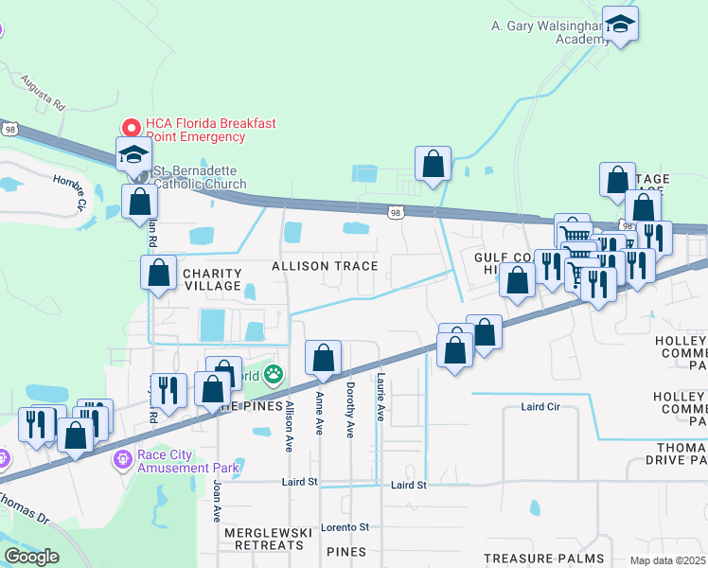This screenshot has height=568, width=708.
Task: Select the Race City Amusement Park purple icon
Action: (x=123, y=460)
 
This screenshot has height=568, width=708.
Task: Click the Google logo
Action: (x=31, y=556)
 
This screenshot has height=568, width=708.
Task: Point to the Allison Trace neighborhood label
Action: (x=325, y=267)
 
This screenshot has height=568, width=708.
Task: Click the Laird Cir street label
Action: (x=540, y=407)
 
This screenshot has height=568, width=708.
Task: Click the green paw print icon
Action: (x=274, y=375)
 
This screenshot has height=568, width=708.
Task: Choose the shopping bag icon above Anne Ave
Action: (x=323, y=357)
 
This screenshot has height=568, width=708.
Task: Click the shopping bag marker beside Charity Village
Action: (x=158, y=272)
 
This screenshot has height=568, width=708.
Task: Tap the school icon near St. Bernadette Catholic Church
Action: (x=133, y=153)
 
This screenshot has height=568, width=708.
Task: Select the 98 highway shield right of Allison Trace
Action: (x=395, y=213)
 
